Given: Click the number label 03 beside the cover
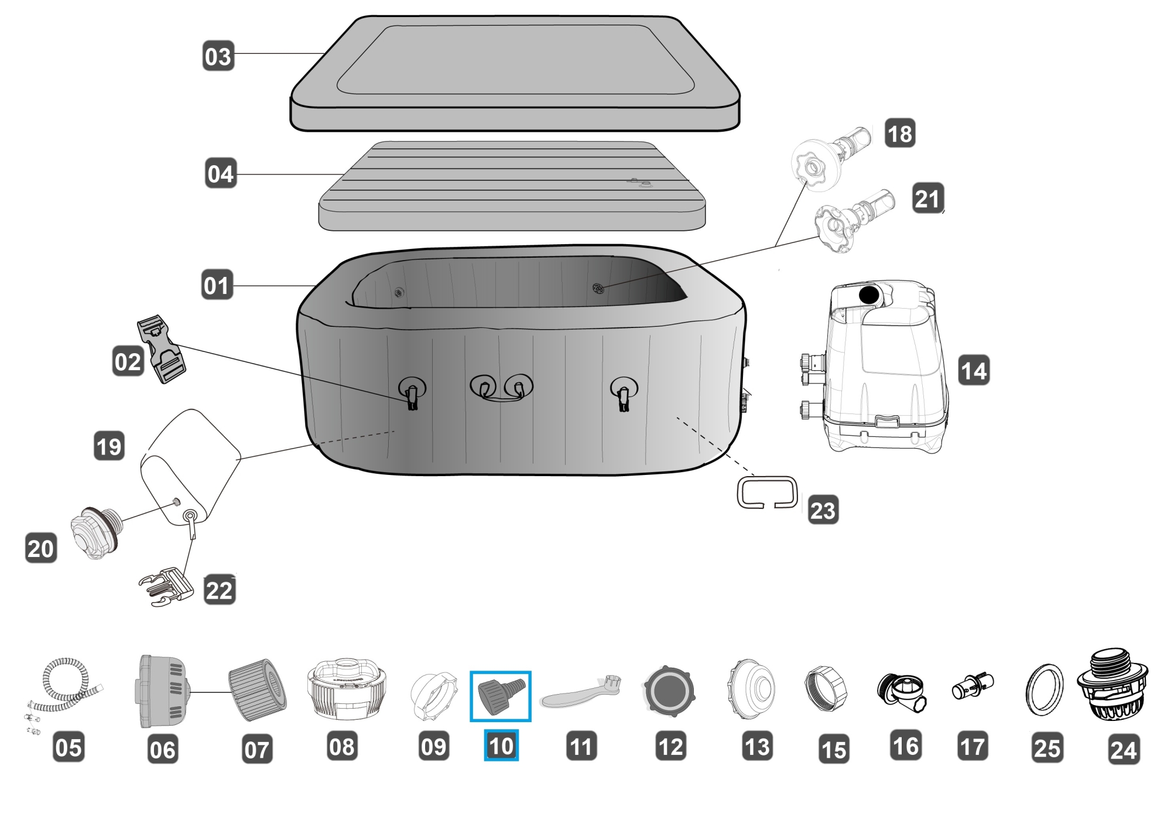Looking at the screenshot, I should point(218,56).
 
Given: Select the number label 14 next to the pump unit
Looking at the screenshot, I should point(974,370).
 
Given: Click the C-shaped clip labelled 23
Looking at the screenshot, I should point(767,492).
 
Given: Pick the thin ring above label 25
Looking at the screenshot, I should point(1045,690).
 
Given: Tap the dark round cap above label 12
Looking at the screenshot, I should point(669,692).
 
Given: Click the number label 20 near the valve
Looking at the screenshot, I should point(41,548).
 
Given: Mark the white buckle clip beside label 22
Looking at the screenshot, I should point(167,586).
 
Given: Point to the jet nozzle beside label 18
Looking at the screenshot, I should point(829,155).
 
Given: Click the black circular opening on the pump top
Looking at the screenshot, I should point(868,295).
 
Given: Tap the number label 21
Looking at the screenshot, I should point(927,199).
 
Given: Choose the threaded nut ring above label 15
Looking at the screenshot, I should point(826,688).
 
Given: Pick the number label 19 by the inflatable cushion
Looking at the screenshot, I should point(109,446).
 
